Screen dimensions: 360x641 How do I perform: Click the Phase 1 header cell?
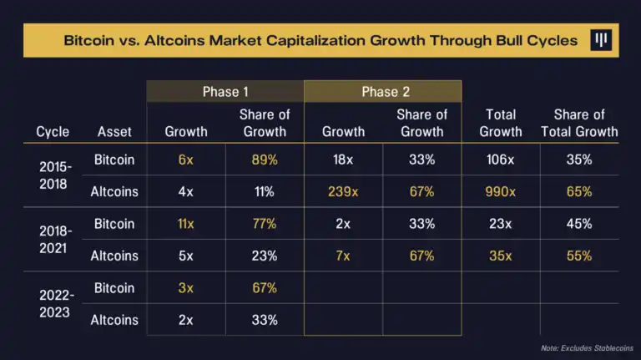225,92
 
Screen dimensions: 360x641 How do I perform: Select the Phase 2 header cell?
383,92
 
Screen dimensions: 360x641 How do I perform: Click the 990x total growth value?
501,191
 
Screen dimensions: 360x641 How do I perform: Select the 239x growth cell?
343,191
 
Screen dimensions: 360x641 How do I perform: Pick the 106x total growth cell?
501,159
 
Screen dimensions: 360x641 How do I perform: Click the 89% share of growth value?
265,159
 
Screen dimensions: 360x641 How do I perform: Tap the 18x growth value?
343,159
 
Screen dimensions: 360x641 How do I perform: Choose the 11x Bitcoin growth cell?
185,224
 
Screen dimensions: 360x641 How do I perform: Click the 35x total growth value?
501,256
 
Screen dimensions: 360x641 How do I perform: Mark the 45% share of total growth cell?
578,224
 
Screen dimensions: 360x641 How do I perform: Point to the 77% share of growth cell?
265,224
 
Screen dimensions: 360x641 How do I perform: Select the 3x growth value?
185,288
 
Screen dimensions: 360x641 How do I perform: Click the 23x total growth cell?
501,224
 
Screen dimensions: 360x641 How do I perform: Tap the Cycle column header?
53,131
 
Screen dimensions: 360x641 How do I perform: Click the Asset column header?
114,131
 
